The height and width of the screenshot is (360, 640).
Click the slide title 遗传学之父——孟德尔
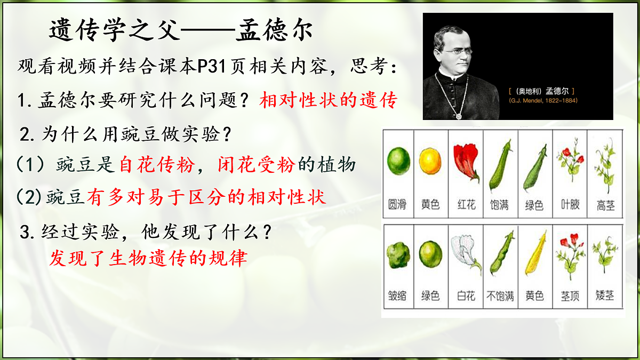(181, 30)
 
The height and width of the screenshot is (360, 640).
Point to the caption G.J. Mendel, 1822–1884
(543, 100)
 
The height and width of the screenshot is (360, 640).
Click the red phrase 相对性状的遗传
(329, 100)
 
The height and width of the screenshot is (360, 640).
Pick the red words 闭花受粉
(256, 165)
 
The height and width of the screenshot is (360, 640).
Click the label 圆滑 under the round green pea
(397, 204)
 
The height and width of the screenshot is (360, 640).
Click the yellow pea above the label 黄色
(430, 161)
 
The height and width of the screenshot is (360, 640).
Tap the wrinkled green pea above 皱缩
(398, 256)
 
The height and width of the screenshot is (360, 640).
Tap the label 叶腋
(570, 204)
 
